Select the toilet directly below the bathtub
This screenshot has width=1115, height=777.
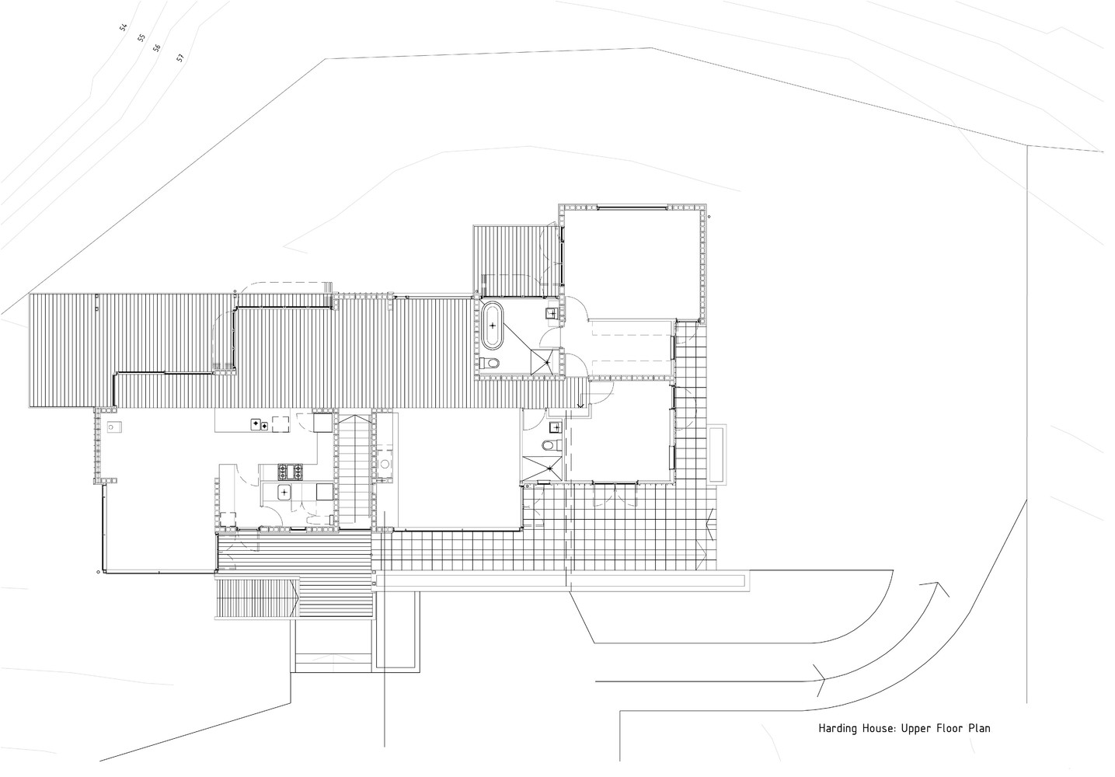[x=490, y=363]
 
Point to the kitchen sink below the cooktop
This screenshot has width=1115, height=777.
[x=284, y=491]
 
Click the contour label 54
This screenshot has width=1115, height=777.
[x=124, y=28]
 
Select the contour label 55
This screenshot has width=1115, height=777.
[x=141, y=37]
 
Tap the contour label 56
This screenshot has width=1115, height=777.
[x=157, y=48]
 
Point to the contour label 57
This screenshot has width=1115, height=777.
[x=179, y=57]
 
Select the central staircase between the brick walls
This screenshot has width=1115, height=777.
[x=354, y=470]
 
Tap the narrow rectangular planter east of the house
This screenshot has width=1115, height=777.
[x=717, y=454]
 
